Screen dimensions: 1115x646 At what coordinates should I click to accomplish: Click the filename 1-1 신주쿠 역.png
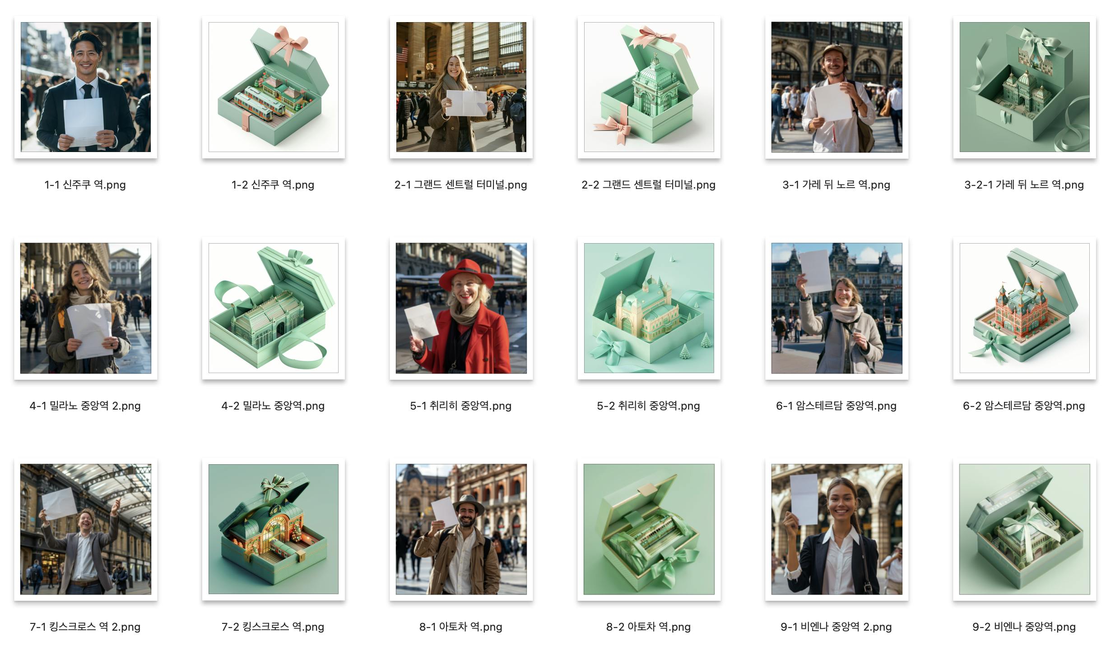point(85,185)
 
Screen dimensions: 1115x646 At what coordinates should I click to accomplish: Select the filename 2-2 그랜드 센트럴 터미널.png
point(648,185)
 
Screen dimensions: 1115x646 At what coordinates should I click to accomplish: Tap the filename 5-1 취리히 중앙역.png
point(460,406)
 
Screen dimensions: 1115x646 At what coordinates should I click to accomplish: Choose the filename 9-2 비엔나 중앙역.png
point(1024,627)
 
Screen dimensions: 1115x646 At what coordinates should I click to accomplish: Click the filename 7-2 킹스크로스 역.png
point(273,627)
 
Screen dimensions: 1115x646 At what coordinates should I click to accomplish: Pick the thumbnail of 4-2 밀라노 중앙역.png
point(274,308)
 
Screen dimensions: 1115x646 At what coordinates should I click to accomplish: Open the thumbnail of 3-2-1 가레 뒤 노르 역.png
point(1024,87)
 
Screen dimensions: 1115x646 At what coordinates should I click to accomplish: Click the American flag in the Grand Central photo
point(402,54)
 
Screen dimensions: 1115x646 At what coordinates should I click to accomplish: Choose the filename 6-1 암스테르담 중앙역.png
point(836,406)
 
